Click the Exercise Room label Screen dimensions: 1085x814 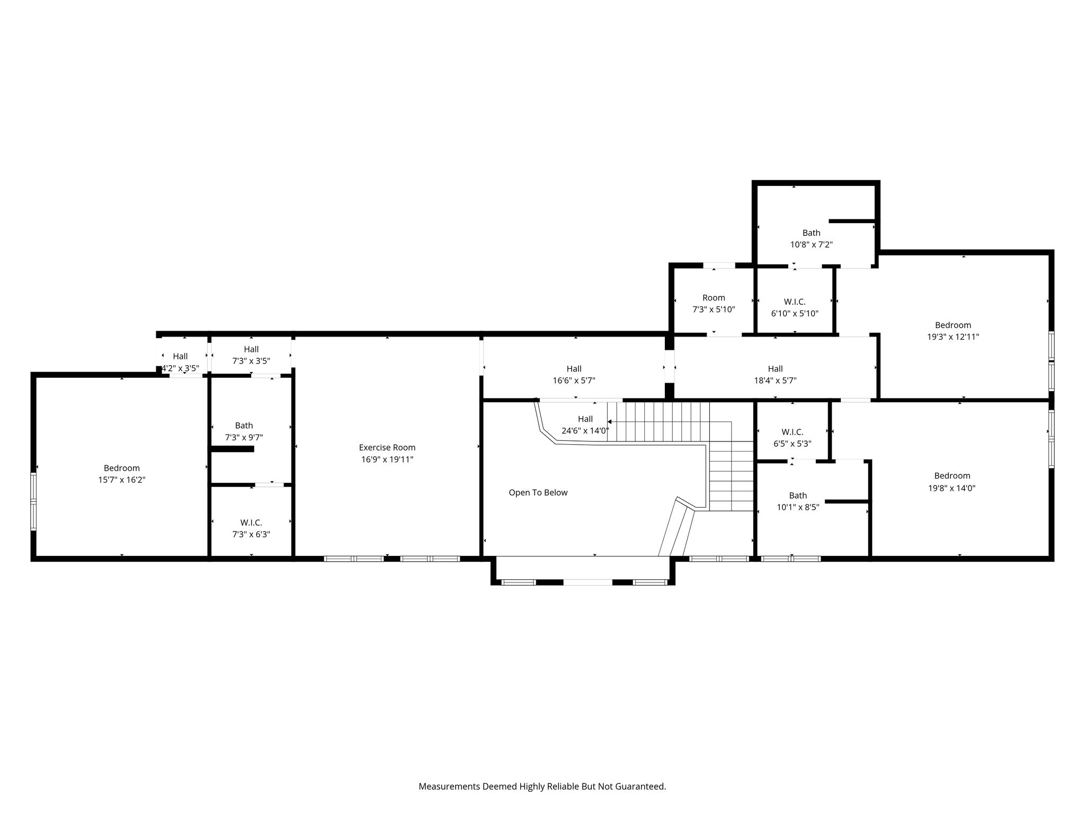(387, 448)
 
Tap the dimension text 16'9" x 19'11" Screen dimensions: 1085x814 (387, 460)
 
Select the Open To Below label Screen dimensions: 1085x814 (538, 493)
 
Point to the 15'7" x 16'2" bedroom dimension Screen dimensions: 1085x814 (122, 480)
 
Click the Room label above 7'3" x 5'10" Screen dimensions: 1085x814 (714, 298)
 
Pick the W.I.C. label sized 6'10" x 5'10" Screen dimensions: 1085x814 (795, 302)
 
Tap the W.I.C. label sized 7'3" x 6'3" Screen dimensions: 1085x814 (251, 523)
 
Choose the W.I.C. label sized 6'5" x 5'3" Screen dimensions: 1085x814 (793, 432)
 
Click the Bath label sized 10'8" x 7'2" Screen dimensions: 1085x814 (811, 233)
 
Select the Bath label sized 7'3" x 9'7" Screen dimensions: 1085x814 (244, 426)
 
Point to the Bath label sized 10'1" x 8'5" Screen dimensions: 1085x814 (798, 496)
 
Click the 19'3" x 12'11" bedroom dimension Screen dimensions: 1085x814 (953, 337)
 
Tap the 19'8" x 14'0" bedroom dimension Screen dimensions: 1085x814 (952, 489)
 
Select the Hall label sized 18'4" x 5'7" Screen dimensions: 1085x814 (775, 369)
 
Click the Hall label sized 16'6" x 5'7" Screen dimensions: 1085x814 (574, 369)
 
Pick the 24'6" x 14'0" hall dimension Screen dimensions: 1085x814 (585, 431)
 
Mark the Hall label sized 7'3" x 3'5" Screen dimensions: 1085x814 (251, 349)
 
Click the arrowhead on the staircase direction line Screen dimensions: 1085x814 (610, 422)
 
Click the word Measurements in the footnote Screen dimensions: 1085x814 (449, 786)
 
